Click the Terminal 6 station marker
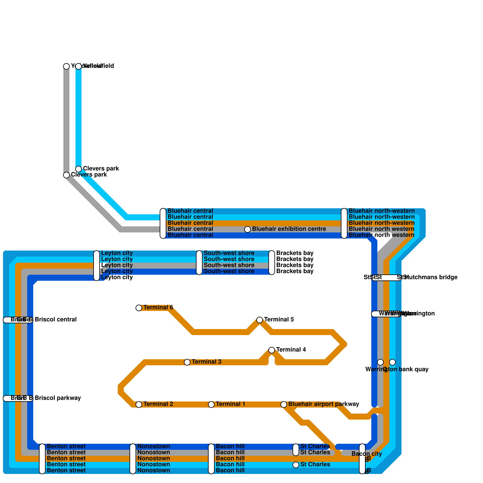coord(139,308)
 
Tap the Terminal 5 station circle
coord(260,320)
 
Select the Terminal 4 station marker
coord(272,350)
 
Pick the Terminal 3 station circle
coord(187,362)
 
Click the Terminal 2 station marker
coord(139,405)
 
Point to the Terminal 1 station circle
coord(211,405)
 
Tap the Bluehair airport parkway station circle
coord(284,405)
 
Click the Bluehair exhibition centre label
coord(289,229)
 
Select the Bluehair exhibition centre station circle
coord(248,229)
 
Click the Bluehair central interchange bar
coord(163,223)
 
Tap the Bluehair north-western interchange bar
coord(344,223)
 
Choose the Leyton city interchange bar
coord(97,266)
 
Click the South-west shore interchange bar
coord(199,263)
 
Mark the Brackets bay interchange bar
coord(272,263)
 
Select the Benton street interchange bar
coord(42,459)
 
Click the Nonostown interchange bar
coord(133,459)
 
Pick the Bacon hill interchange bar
coord(211,459)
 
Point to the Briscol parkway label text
coord(58,398)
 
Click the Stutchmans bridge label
coord(430,277)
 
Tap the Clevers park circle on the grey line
coord(66,175)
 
